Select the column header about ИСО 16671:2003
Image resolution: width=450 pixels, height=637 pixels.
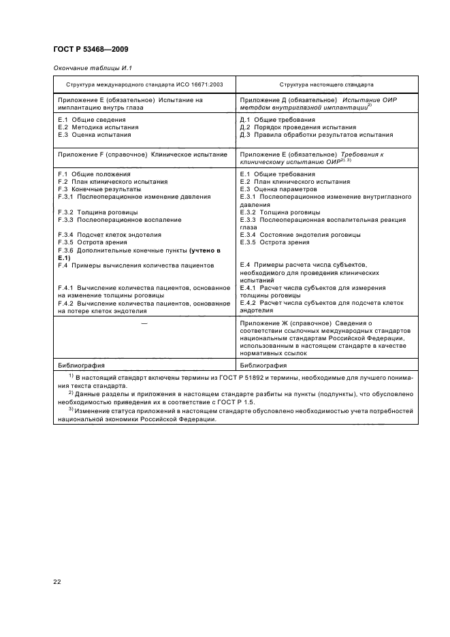click(144, 86)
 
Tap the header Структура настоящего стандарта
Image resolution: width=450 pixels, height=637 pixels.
click(326, 86)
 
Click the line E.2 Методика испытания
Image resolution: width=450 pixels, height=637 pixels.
click(98, 127)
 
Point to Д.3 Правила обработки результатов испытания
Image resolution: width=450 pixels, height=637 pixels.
click(316, 135)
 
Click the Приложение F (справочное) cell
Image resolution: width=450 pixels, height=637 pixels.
click(142, 154)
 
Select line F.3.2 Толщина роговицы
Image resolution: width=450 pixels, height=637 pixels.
click(97, 212)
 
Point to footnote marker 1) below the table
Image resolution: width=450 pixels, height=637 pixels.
click(71, 376)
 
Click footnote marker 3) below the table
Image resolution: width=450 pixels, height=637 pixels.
click(71, 409)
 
